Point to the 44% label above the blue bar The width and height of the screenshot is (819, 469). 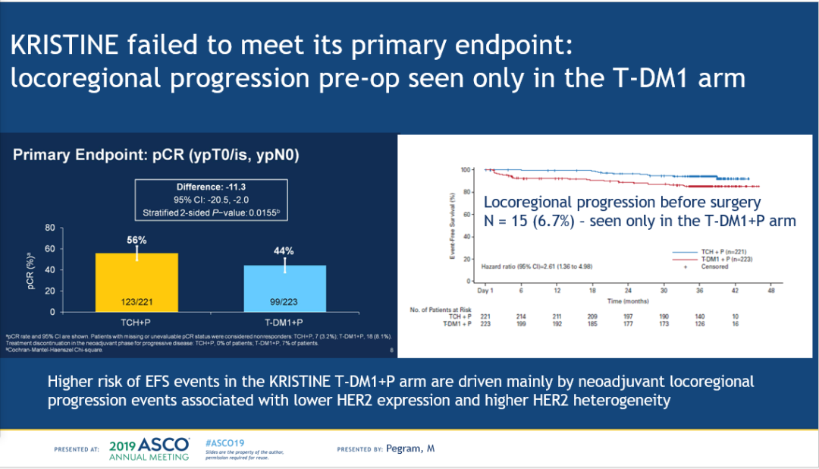pyautogui.click(x=284, y=251)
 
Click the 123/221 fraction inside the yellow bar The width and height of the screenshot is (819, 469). pyautogui.click(x=136, y=302)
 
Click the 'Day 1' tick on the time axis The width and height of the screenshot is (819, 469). pyautogui.click(x=486, y=291)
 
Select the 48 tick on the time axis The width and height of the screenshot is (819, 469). pyautogui.click(x=771, y=291)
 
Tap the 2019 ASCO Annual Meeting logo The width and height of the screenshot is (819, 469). pyautogui.click(x=149, y=449)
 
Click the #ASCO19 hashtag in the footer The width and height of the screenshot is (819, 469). pyautogui.click(x=224, y=442)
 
